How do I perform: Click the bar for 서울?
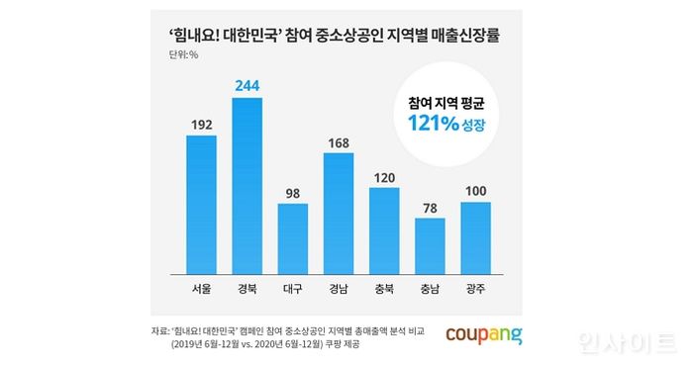click(x=201, y=204)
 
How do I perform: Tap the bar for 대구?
click(x=292, y=238)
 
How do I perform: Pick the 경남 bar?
click(x=338, y=213)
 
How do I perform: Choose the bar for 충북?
click(x=383, y=229)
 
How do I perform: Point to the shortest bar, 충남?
click(x=429, y=245)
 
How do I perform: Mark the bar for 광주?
click(x=474, y=237)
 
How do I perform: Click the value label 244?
click(x=247, y=86)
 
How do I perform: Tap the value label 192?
click(x=201, y=124)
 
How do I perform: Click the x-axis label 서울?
click(x=201, y=290)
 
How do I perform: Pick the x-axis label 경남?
click(x=338, y=290)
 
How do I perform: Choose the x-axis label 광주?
click(x=474, y=290)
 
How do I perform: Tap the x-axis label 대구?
click(x=292, y=290)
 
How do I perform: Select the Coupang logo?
click(x=484, y=331)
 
